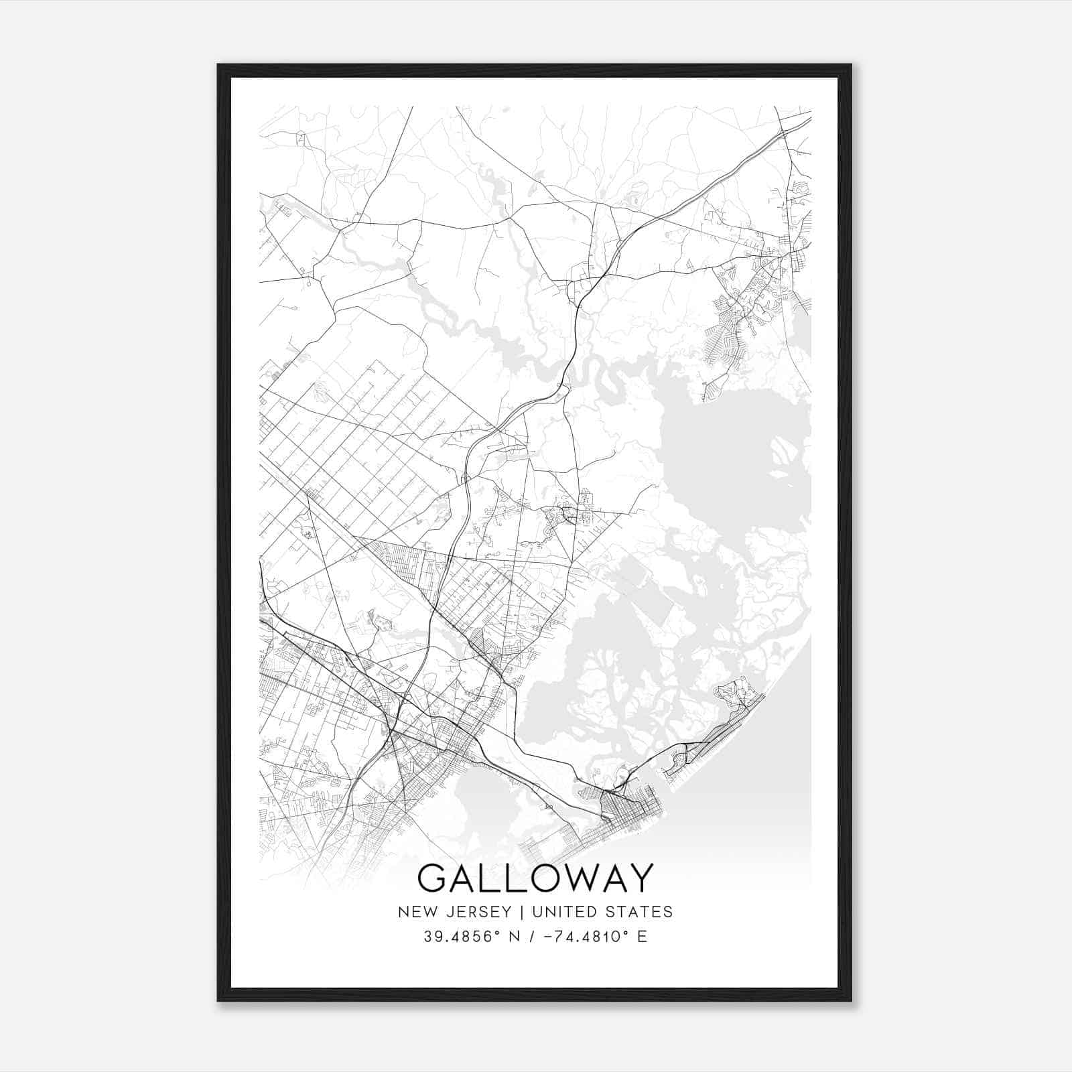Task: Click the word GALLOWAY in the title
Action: click(x=535, y=878)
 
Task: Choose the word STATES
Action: click(x=639, y=912)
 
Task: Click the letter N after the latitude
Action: click(x=515, y=937)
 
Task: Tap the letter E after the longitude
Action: click(x=642, y=937)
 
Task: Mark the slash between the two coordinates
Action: click(x=532, y=937)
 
